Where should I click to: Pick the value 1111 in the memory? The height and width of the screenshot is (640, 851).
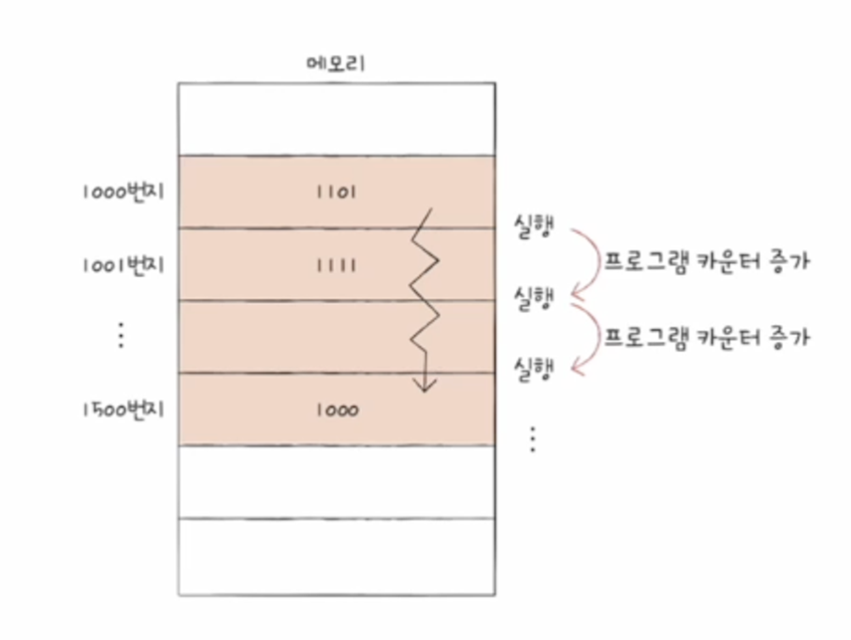tap(336, 265)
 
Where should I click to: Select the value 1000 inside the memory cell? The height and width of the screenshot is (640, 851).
tap(336, 410)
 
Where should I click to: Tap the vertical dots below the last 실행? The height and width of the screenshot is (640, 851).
tap(532, 439)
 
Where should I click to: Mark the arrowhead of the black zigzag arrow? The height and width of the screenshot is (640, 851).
tap(425, 386)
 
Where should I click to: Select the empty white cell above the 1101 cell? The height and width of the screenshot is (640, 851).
tap(336, 119)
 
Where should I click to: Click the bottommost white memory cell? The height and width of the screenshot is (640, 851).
tap(336, 557)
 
